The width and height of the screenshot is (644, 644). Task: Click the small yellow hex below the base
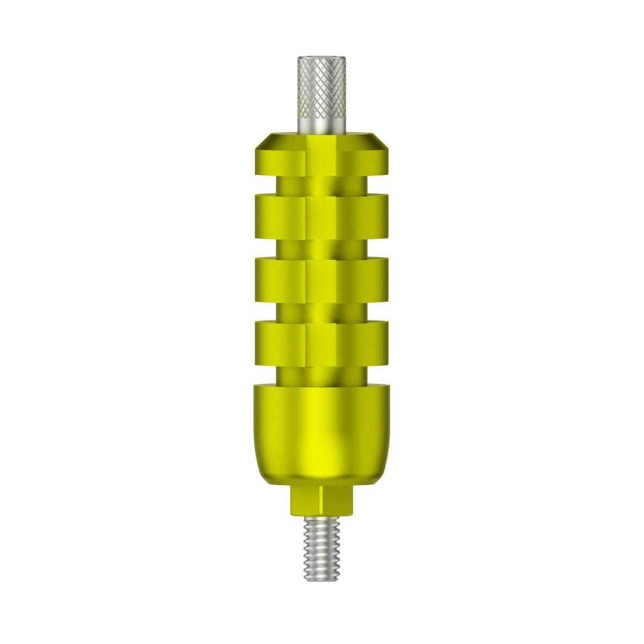tap(321, 501)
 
